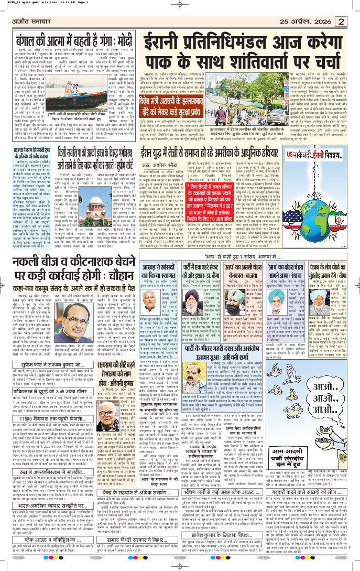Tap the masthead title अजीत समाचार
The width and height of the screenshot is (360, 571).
click(32, 22)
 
